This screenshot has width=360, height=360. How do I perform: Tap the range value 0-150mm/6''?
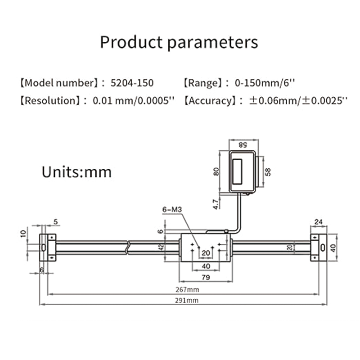click(265, 83)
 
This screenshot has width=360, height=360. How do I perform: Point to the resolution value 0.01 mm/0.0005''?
click(133, 100)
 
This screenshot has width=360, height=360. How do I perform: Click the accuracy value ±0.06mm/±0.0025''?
click(298, 100)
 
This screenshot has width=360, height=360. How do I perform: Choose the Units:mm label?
click(76, 171)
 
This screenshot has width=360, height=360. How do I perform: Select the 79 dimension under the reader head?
click(205, 278)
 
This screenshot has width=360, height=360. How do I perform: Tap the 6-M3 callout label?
click(171, 210)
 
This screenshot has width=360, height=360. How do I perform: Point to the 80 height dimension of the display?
click(216, 171)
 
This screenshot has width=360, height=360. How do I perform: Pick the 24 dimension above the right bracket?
click(319, 221)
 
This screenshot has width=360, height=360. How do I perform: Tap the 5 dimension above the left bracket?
click(55, 221)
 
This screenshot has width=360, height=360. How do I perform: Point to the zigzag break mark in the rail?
click(130, 247)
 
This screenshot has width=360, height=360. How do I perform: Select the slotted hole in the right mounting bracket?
click(322, 247)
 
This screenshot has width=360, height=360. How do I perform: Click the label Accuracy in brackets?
click(209, 100)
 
